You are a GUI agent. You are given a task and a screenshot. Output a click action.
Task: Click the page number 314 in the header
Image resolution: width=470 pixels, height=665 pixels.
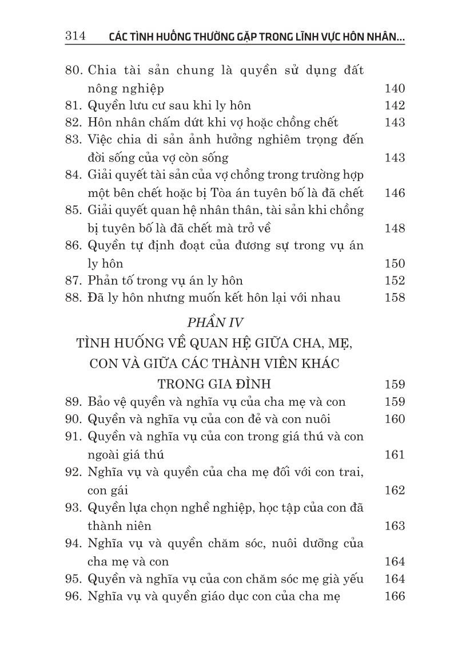(x=74, y=37)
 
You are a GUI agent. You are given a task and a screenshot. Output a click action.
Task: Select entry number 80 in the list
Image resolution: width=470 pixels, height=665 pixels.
(x=74, y=71)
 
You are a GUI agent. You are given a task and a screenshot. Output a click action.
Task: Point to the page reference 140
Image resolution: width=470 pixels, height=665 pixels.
(x=395, y=89)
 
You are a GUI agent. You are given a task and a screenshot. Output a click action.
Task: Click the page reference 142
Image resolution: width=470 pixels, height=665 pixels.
(x=395, y=106)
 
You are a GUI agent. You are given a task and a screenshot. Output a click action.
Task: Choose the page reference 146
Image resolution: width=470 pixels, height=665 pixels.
(x=395, y=193)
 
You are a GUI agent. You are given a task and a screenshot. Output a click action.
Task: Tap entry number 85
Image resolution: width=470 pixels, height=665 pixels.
(x=74, y=210)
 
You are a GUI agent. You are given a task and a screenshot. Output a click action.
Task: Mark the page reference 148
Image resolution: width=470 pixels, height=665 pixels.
(x=395, y=228)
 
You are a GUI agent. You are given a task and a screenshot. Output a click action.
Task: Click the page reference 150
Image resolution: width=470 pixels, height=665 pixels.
(x=395, y=264)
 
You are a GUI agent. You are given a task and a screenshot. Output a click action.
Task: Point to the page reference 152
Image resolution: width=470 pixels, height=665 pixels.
(x=395, y=280)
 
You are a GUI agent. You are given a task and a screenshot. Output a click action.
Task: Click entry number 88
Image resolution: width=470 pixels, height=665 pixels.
(x=74, y=298)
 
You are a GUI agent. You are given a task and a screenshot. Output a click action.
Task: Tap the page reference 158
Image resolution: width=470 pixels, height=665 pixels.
(x=395, y=298)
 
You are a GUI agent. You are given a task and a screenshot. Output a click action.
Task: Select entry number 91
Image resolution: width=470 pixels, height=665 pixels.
(x=74, y=437)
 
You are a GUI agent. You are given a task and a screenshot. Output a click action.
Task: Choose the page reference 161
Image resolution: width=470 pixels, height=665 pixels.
(x=395, y=455)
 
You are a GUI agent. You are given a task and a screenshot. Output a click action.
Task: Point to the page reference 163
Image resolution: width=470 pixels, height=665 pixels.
(x=395, y=526)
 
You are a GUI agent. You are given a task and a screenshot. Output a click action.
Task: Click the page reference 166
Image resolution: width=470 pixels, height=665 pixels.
(x=395, y=596)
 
